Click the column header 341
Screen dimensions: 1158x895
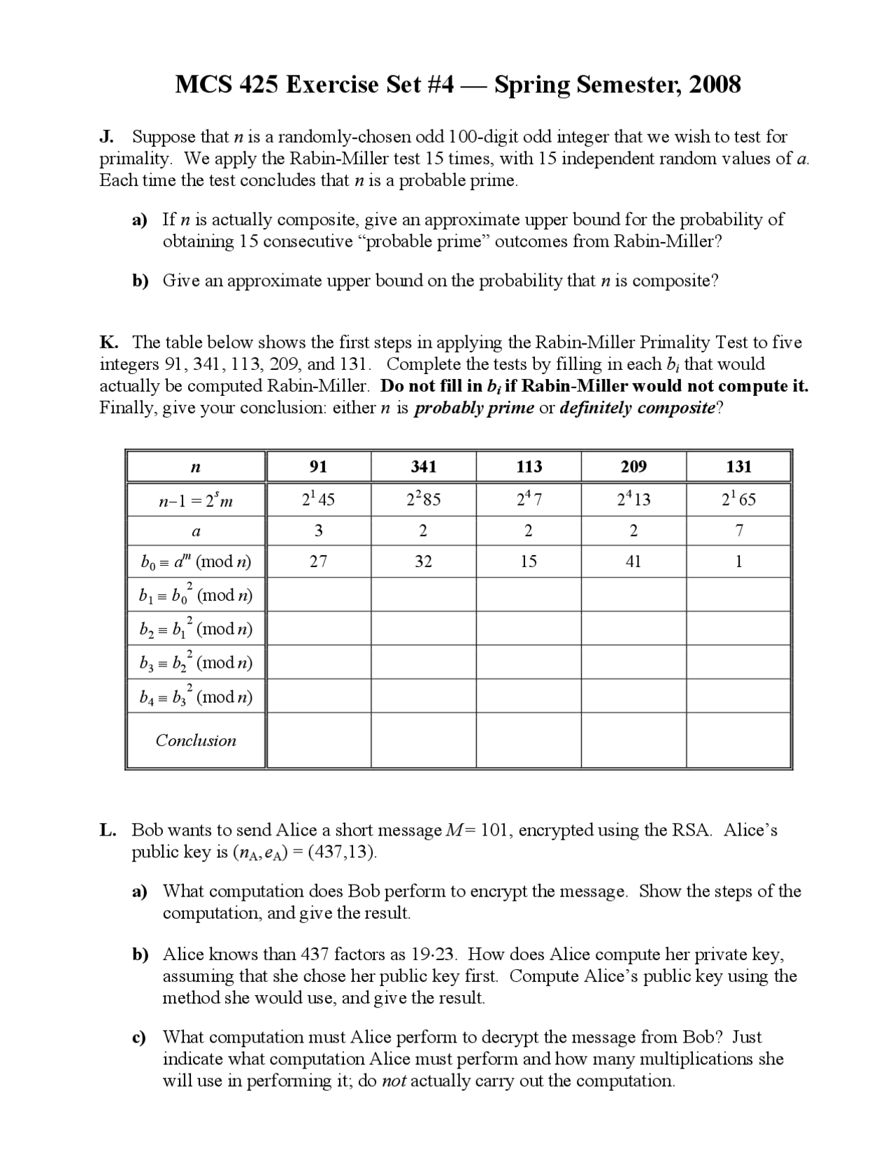[424, 466]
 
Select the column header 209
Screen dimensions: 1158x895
[633, 466]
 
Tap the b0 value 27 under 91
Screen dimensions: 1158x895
[318, 561]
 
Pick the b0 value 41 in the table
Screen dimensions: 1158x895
[633, 561]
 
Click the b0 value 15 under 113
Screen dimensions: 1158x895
[529, 561]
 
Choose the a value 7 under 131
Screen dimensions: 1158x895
[739, 530]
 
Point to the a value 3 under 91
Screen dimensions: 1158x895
[318, 530]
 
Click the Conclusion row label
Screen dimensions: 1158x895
[196, 741]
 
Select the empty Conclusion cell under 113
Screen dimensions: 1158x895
[529, 741]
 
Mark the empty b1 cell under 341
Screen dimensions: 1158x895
[424, 594]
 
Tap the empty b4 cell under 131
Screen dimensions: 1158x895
[739, 696]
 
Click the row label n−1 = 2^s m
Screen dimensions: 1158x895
[196, 500]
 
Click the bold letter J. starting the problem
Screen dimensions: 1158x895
[107, 136]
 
